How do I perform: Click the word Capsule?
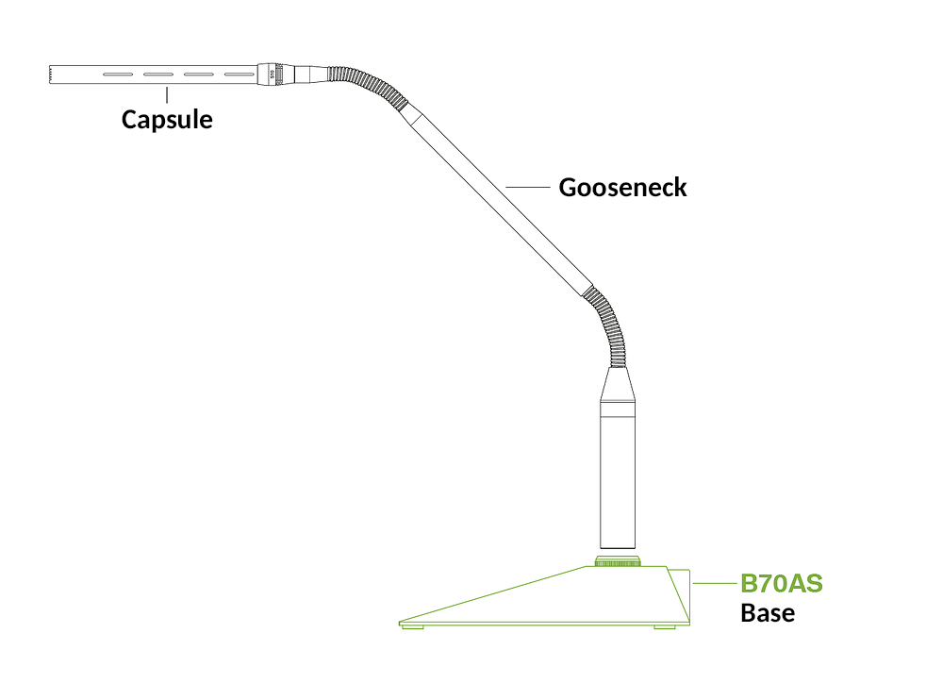tap(167, 120)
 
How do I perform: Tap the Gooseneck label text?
tap(622, 187)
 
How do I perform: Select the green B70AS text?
tap(781, 584)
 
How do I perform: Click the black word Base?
tap(767, 613)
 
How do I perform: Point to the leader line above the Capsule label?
tap(167, 94)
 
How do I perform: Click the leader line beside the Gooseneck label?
tap(528, 187)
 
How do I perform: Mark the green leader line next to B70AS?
tap(714, 584)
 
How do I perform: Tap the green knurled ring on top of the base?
tap(618, 562)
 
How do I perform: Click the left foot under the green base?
tap(412, 626)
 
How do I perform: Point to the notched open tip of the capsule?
tap(50, 75)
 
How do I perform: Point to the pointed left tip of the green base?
tap(403, 621)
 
